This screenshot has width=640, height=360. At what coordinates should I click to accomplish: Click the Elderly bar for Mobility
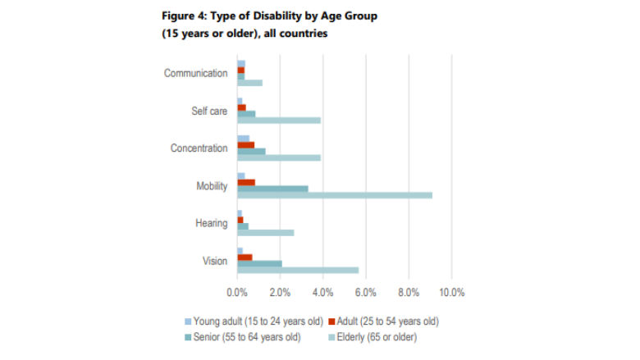click(x=335, y=195)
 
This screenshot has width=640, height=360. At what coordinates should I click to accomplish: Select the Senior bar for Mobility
click(x=272, y=189)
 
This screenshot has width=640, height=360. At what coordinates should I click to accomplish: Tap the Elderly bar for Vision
click(x=298, y=270)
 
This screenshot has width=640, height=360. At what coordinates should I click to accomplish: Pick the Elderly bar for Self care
click(x=279, y=120)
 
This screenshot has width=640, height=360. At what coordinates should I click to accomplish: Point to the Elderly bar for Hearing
click(x=265, y=232)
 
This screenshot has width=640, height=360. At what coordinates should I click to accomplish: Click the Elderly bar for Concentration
click(x=279, y=157)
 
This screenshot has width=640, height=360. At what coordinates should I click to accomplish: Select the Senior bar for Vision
click(x=259, y=263)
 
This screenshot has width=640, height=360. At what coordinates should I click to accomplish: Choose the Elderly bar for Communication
click(x=249, y=83)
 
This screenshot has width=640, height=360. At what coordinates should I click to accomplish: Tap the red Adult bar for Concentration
click(x=245, y=145)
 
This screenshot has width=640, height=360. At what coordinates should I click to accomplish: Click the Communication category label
click(x=195, y=73)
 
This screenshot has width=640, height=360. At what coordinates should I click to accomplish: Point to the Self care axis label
click(x=208, y=111)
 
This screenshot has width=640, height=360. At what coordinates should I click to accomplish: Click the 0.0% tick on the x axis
click(x=236, y=292)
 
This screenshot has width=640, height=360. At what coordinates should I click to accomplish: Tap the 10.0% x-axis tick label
click(x=451, y=292)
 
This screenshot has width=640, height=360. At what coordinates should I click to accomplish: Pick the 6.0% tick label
click(x=366, y=292)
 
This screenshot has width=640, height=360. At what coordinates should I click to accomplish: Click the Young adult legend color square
click(x=187, y=321)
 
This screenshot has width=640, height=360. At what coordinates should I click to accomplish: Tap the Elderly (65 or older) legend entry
click(x=378, y=337)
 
